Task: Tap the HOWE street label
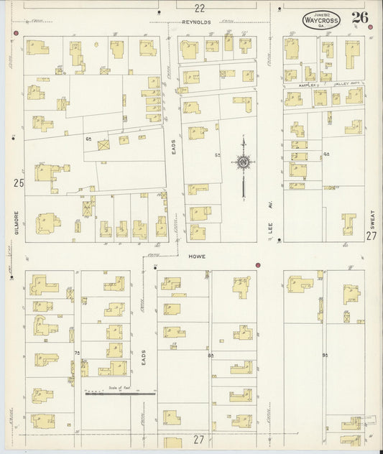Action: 198,256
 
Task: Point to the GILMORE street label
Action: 15,221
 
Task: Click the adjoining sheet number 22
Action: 199,8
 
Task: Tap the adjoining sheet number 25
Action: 18,183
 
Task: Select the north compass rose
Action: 244,163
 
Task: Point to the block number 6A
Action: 89,138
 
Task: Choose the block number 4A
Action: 326,154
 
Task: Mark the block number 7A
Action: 77,353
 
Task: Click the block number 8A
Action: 211,355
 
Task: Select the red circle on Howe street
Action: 257,265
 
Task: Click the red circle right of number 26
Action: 371,27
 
